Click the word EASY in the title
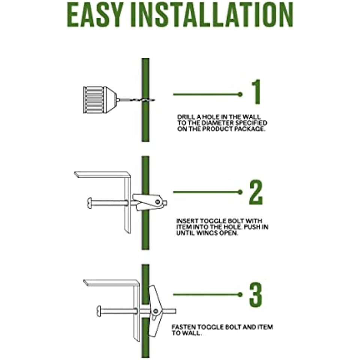(x=94, y=15)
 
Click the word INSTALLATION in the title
(x=212, y=15)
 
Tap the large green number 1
(x=256, y=91)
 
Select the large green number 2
(x=256, y=192)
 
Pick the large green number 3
(x=256, y=295)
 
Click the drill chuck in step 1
(x=100, y=100)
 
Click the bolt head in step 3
(x=99, y=311)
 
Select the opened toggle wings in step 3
(x=155, y=311)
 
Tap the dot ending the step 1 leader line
(x=240, y=94)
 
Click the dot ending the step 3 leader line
(x=240, y=294)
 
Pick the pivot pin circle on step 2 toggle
(x=158, y=202)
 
